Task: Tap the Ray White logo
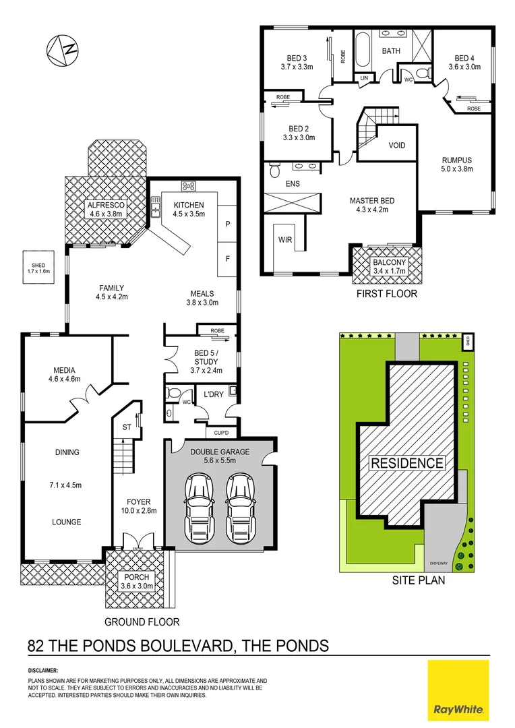[458, 689]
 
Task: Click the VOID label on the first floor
[397, 145]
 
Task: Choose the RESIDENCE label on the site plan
[406, 463]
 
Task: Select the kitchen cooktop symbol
[188, 187]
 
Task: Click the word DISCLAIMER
[43, 671]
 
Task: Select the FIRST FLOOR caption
[388, 294]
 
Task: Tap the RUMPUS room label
[457, 160]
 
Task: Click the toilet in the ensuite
[274, 167]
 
